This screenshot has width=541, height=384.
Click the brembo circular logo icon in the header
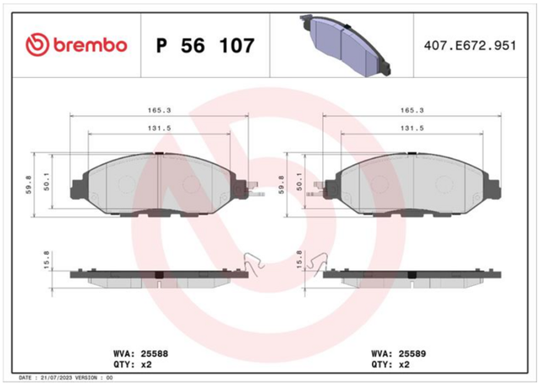[x=37, y=45]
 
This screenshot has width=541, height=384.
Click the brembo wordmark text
[x=90, y=45]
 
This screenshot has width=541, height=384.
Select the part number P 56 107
[x=205, y=46]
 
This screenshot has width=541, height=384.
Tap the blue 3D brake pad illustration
[x=345, y=45]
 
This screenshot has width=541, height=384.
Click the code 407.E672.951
[x=470, y=46]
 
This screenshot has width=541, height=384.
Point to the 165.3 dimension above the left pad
[x=160, y=111]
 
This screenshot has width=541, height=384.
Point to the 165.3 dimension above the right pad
[x=412, y=111]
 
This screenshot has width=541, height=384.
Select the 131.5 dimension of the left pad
[x=160, y=128]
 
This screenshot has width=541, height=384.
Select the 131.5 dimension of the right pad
[x=412, y=128]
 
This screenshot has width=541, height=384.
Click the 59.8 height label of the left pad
[x=29, y=184]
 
